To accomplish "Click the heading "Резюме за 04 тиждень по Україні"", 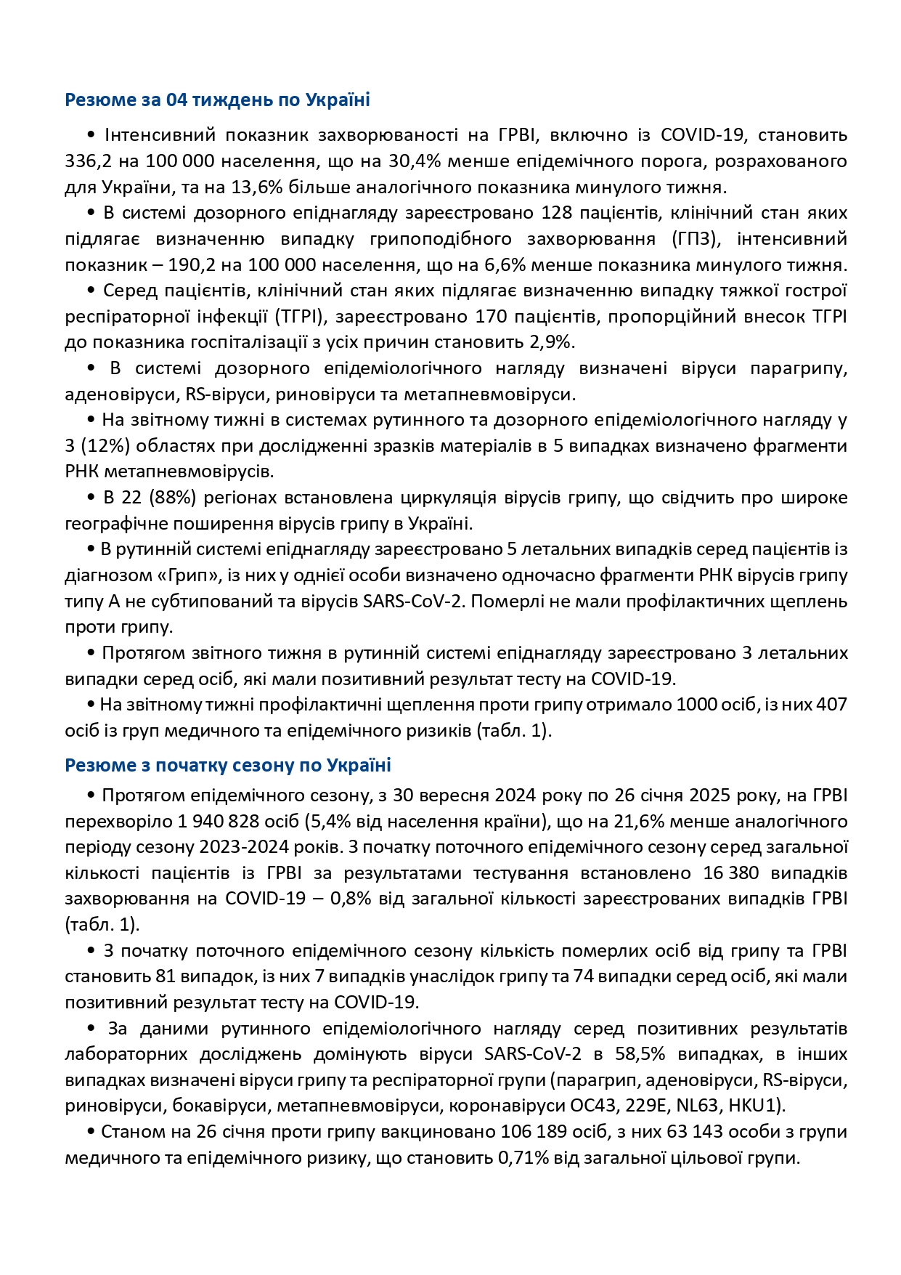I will tap(217, 100).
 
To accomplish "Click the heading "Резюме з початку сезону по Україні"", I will tap(228, 765).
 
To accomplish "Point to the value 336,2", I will tap(88, 161).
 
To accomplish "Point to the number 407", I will tap(832, 704).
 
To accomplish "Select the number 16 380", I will tap(730, 873).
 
